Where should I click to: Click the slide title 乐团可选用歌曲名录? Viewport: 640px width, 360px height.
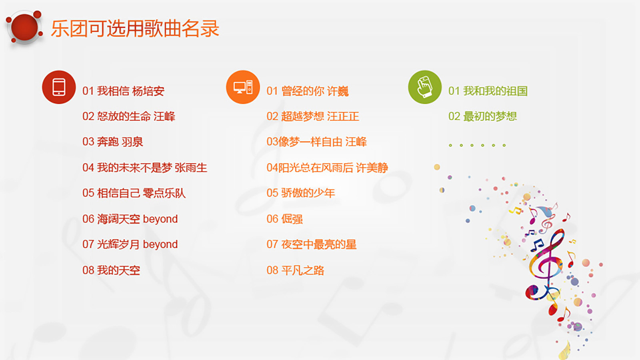[135, 28]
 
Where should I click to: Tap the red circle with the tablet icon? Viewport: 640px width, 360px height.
[59, 87]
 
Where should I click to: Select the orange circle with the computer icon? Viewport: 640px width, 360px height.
[243, 87]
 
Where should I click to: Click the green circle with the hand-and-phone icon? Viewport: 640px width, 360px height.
[425, 87]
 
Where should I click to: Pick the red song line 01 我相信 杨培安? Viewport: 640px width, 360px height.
[124, 91]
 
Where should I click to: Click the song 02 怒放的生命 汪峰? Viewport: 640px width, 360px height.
[128, 116]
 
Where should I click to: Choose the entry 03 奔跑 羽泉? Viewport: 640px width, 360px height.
[112, 142]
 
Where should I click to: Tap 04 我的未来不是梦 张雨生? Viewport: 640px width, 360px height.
[144, 168]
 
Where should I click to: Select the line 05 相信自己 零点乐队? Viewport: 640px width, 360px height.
[134, 193]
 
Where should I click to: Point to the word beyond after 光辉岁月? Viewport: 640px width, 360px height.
[160, 245]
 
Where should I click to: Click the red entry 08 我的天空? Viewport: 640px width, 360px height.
[111, 270]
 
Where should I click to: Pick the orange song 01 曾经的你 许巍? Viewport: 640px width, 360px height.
[308, 91]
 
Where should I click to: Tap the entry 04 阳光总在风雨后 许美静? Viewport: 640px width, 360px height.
[327, 168]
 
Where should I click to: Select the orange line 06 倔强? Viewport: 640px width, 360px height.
[284, 219]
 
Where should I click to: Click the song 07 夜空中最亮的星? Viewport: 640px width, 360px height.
[312, 244]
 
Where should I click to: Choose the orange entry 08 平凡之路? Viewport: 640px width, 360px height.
[295, 270]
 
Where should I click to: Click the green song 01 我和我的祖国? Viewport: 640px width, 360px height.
[488, 91]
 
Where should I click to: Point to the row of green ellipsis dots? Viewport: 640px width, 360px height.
[477, 146]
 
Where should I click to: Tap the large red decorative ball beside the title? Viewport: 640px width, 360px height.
[24, 27]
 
